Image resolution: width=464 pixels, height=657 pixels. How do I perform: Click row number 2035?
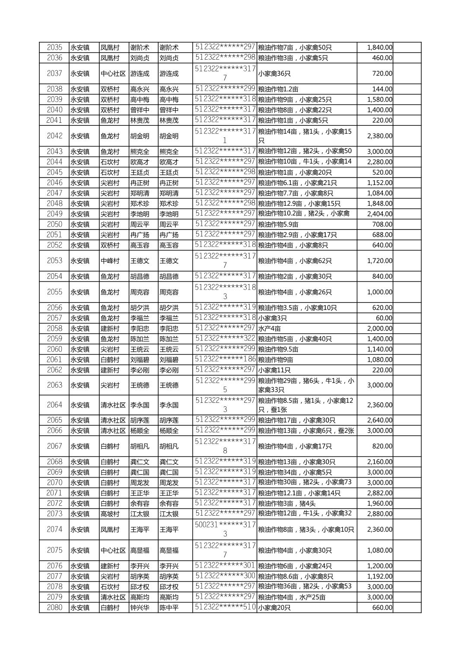pyautogui.click(x=54, y=48)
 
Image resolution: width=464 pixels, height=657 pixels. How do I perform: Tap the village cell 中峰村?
pyautogui.click(x=110, y=261)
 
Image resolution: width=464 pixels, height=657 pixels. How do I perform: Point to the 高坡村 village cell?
pyautogui.click(x=110, y=514)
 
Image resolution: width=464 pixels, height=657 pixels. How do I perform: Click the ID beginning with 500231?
pyautogui.click(x=225, y=529)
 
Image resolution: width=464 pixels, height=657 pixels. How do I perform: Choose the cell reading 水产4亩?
pyautogui.click(x=269, y=329)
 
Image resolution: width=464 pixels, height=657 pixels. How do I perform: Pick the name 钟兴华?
pyautogui.click(x=140, y=608)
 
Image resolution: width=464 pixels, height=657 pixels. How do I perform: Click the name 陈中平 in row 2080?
pyautogui.click(x=169, y=608)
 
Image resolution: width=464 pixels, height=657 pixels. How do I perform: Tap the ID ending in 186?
pyautogui.click(x=225, y=359)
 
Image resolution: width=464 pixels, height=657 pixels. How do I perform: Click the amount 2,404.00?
pyautogui.click(x=379, y=214)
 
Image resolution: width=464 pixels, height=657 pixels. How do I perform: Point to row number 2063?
pyautogui.click(x=54, y=385)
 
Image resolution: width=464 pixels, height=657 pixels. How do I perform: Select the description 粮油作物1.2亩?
pyautogui.click(x=278, y=89)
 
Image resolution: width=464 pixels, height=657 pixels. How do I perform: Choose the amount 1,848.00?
pyautogui.click(x=379, y=204)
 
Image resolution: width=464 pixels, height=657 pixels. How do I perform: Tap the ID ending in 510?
pyautogui.click(x=225, y=607)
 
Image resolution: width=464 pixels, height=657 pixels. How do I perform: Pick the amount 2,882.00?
pyautogui.click(x=379, y=493)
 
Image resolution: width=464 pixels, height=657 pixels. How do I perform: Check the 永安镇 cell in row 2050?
pyautogui.click(x=80, y=224)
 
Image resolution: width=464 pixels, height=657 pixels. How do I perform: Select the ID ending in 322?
pyautogui.click(x=225, y=338)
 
